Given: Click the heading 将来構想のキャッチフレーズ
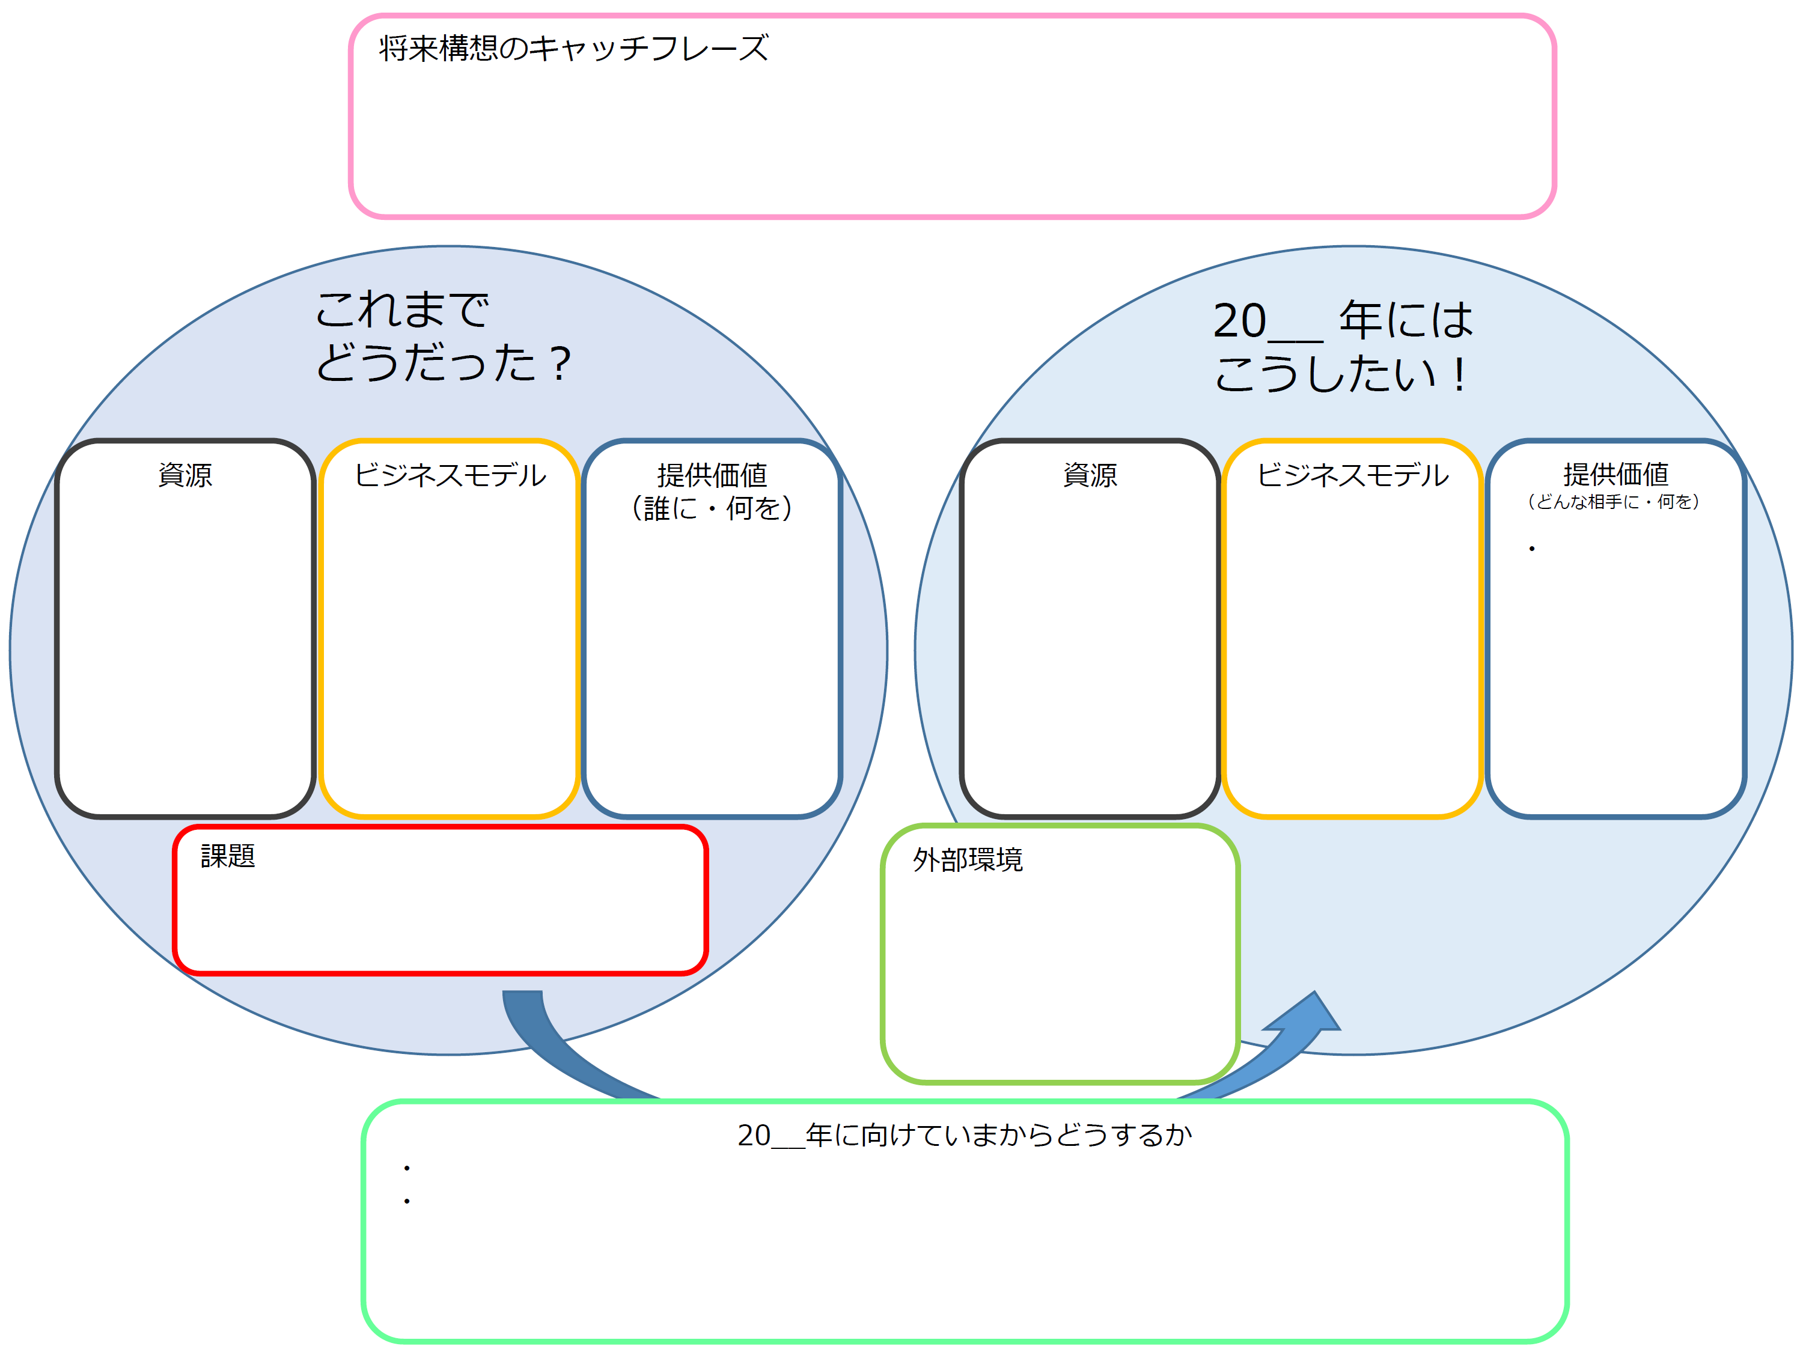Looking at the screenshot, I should [573, 48].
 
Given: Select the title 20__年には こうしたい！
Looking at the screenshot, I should [1343, 346].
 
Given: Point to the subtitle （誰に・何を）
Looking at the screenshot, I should [712, 508].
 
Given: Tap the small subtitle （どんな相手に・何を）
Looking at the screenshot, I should [1613, 501].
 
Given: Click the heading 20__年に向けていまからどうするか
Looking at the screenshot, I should [964, 1134].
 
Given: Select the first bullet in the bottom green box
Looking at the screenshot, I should [407, 1169].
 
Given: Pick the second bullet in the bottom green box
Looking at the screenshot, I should [407, 1201].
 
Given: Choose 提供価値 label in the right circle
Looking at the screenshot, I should [1615, 474].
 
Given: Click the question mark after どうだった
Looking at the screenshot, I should [560, 364].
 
